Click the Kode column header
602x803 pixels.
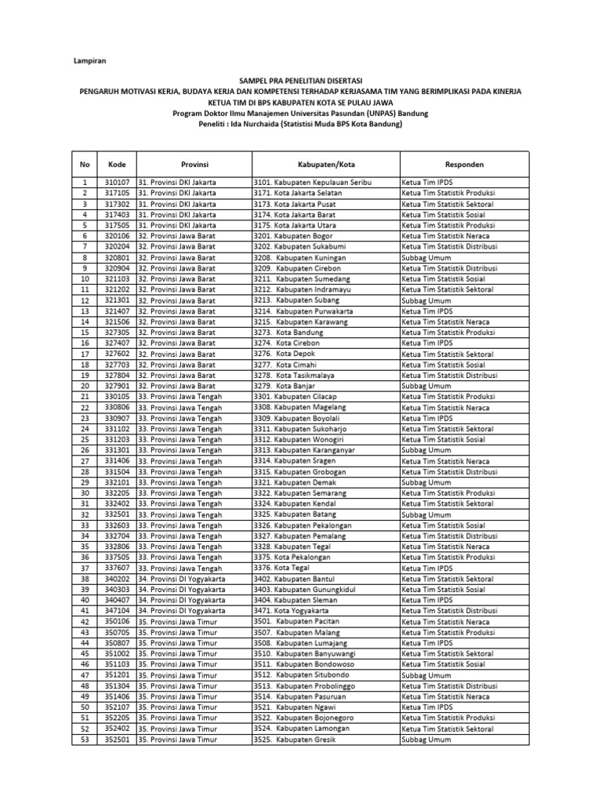[x=117, y=165]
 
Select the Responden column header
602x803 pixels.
[x=464, y=165]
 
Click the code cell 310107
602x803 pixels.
[x=117, y=183]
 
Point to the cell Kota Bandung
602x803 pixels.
[x=299, y=332]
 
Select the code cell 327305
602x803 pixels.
[x=117, y=332]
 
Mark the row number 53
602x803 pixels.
[x=84, y=739]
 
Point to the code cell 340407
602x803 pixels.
[x=117, y=600]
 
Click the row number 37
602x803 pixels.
[x=84, y=568]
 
